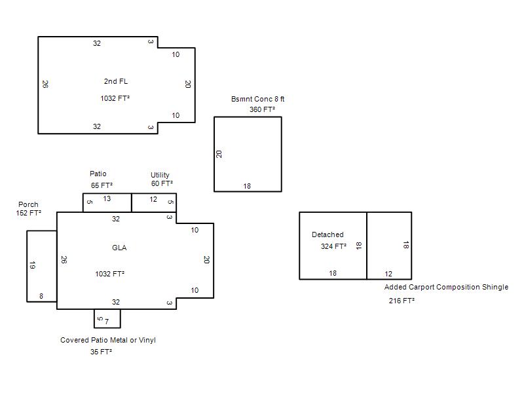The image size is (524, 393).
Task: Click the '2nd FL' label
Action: point(116,81)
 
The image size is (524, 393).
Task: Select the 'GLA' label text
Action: point(119,248)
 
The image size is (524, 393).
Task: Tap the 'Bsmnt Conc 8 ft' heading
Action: point(257,99)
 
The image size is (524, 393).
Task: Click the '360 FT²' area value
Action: point(263,109)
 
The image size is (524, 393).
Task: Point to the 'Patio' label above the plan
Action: point(98,174)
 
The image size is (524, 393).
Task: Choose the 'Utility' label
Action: point(160,175)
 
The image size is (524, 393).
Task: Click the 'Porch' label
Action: point(28,204)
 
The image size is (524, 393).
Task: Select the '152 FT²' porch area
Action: point(29,213)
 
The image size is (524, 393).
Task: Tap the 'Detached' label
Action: point(327,234)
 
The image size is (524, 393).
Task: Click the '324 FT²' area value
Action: point(333,246)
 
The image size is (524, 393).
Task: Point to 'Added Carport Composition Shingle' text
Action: point(446,287)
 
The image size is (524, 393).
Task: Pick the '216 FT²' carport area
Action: point(402,301)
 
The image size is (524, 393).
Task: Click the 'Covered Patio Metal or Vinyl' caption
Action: point(108,340)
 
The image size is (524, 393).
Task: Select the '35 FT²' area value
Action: point(101,352)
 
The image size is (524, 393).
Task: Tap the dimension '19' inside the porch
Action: point(32,265)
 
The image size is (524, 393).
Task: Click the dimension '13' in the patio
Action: point(107,199)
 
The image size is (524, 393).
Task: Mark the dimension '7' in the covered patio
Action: point(107,322)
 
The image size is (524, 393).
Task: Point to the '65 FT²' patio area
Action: point(102,185)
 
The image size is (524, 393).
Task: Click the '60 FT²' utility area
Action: point(162,183)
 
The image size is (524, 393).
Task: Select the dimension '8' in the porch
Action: point(41,296)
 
